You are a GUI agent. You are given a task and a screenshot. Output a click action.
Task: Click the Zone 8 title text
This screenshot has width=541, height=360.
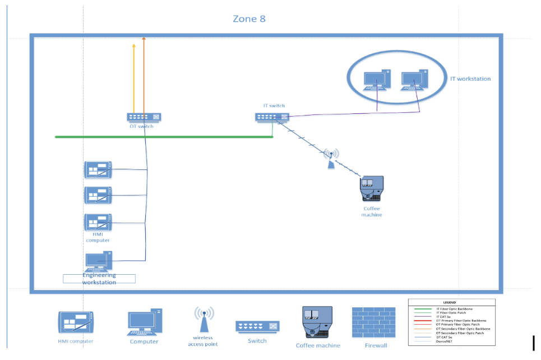249,19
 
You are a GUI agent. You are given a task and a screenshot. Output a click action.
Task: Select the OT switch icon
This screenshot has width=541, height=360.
144,117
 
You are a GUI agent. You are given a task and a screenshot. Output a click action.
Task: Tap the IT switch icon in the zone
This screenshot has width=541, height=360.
272,117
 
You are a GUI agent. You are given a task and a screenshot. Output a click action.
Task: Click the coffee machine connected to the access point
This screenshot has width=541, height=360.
371,190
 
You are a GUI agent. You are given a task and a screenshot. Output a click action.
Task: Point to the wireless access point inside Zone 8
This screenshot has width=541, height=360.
331,159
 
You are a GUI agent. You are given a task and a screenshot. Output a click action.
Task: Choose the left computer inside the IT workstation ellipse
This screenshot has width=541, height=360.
376,80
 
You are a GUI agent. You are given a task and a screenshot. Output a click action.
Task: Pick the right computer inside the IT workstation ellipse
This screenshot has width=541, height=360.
415,80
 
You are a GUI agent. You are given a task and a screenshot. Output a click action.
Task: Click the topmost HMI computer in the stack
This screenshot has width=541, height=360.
98,169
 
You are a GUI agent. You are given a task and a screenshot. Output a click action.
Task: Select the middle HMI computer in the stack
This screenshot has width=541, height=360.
98,195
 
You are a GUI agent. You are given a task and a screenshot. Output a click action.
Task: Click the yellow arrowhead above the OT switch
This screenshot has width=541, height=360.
133,47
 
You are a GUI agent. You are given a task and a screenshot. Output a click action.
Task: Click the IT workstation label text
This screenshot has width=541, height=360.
470,79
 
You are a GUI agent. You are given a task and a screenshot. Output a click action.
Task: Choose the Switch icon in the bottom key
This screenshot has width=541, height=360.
257,326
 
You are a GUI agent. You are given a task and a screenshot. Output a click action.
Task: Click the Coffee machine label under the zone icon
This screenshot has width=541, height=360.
317,345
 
